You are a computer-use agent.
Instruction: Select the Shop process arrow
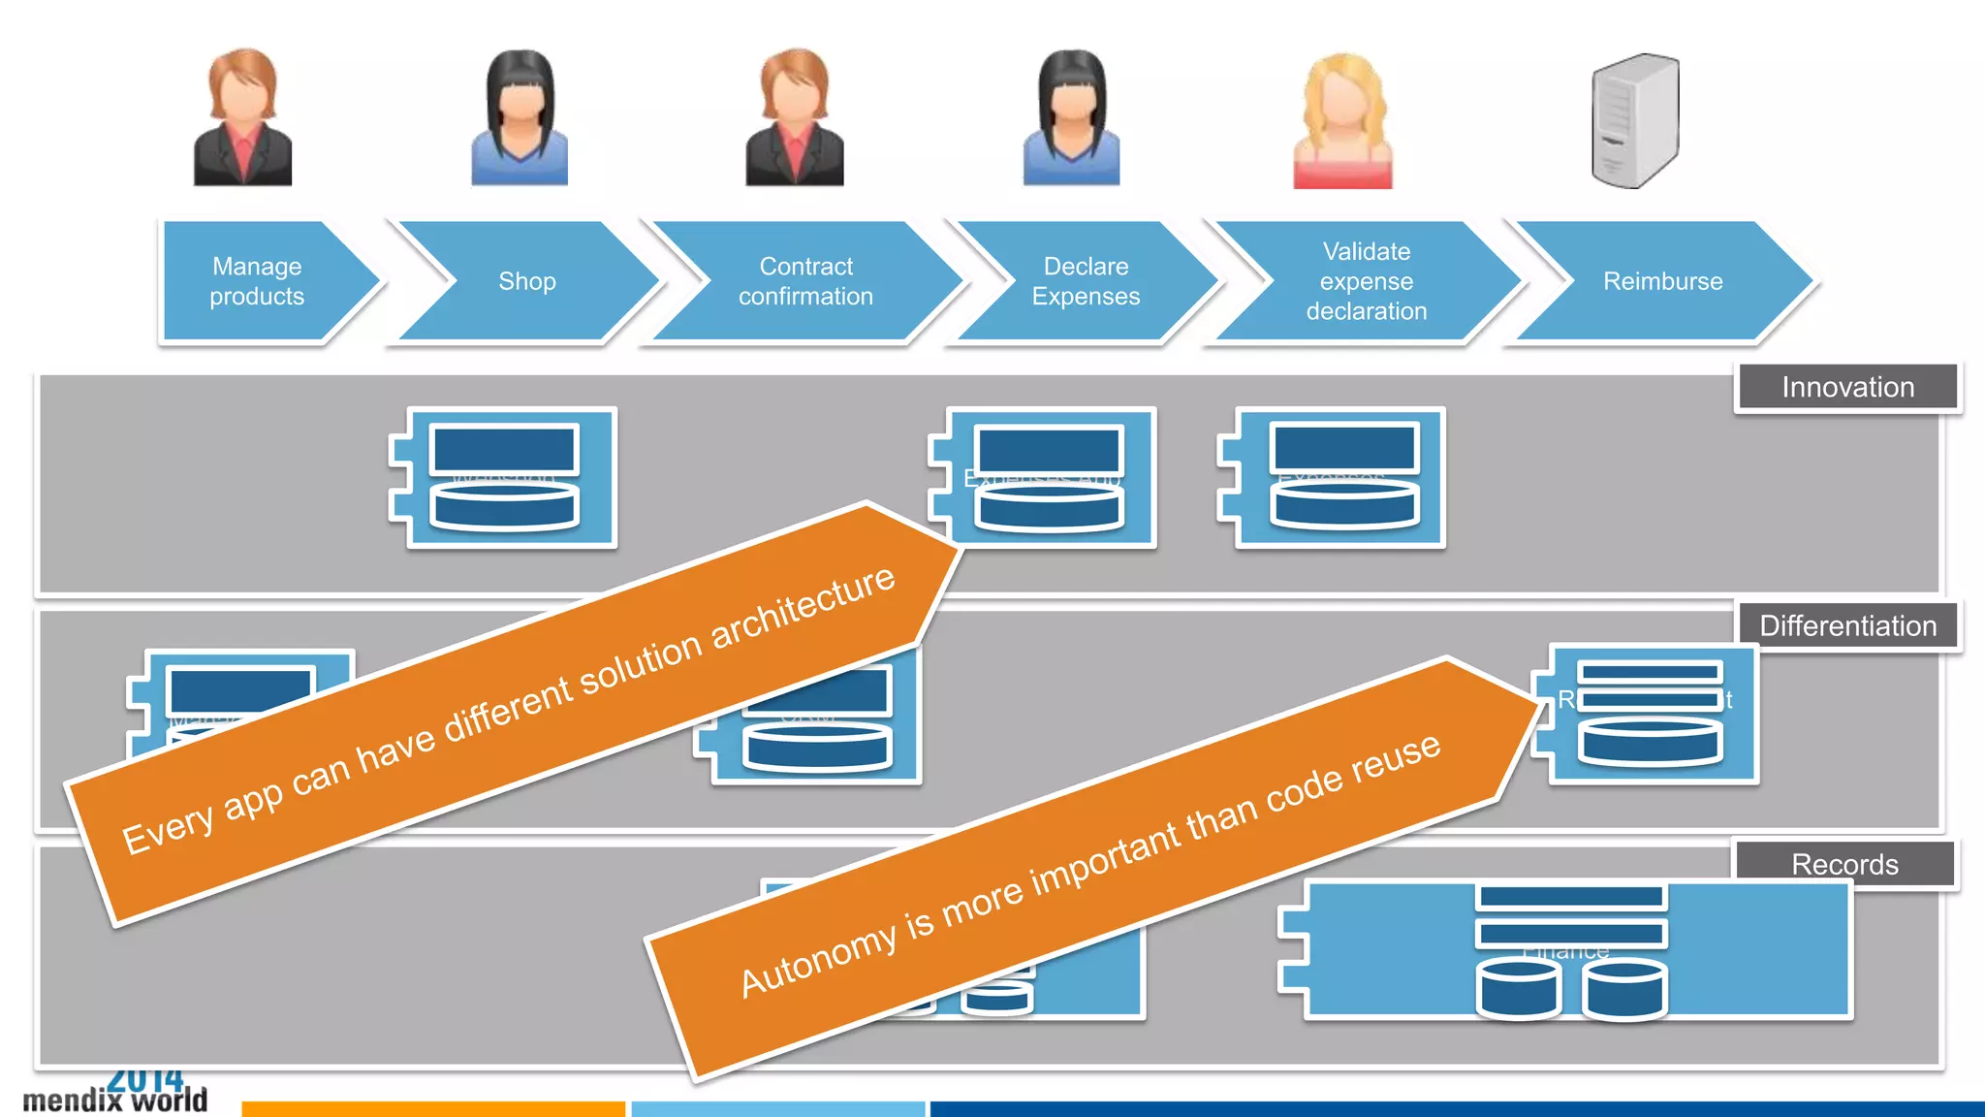(x=527, y=281)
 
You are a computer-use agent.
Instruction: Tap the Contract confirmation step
(x=806, y=281)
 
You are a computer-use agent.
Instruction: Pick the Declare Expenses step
(x=1086, y=281)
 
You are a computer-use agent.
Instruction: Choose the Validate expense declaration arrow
(x=1366, y=281)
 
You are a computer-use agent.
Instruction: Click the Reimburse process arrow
(x=1662, y=281)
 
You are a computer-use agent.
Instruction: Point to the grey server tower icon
(x=1635, y=121)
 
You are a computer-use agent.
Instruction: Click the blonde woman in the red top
(x=1342, y=121)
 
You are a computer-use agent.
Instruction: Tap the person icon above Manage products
(x=242, y=118)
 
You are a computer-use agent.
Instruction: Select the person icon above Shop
(x=520, y=118)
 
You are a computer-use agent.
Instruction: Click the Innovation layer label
(x=1847, y=388)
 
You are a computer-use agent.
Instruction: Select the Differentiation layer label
(x=1847, y=626)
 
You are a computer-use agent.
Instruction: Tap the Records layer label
(x=1844, y=864)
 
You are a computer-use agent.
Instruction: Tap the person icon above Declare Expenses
(x=1072, y=118)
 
